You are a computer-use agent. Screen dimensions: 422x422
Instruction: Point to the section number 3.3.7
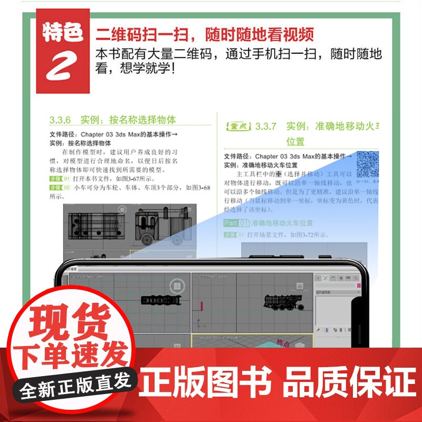pyautogui.click(x=266, y=127)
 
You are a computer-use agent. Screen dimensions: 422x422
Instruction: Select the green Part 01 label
pyautogui.click(x=236, y=223)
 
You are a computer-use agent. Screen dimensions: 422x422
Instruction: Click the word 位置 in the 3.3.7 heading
pyautogui.click(x=295, y=141)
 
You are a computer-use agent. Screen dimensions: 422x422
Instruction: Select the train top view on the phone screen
pyautogui.click(x=161, y=300)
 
